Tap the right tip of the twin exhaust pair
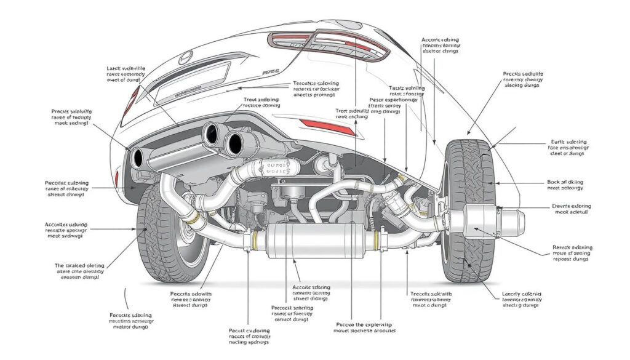click(x=233, y=142)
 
